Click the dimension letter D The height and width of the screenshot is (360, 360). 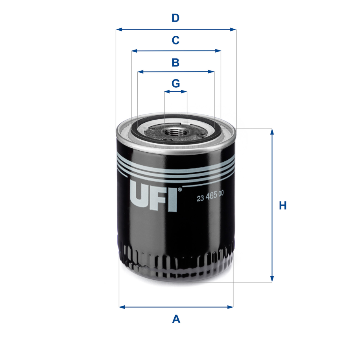point(175,18)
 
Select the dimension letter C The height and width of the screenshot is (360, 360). point(175,40)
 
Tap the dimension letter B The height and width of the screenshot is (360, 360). point(175,63)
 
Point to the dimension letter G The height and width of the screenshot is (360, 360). point(176,83)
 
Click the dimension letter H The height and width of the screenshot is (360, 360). point(282,205)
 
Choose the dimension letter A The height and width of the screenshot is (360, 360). point(176,319)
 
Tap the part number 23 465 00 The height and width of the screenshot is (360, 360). point(210,196)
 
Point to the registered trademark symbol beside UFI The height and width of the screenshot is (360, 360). point(180,189)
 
